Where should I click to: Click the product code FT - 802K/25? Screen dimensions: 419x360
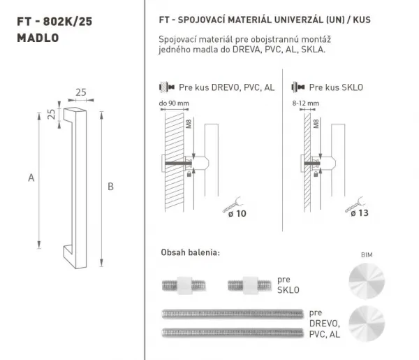(54, 22)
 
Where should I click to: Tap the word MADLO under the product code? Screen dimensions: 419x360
(38, 38)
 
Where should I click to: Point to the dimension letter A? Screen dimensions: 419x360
(31, 178)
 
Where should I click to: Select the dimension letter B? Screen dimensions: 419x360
(110, 187)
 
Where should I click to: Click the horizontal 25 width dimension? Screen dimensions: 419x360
(81, 92)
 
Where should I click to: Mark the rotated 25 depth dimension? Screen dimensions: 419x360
(51, 114)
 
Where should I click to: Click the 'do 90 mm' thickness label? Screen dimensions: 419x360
(174, 103)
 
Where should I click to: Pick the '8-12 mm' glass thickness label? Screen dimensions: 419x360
(306, 103)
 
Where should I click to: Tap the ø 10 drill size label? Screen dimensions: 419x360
(237, 214)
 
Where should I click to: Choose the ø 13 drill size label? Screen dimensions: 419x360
(360, 213)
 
